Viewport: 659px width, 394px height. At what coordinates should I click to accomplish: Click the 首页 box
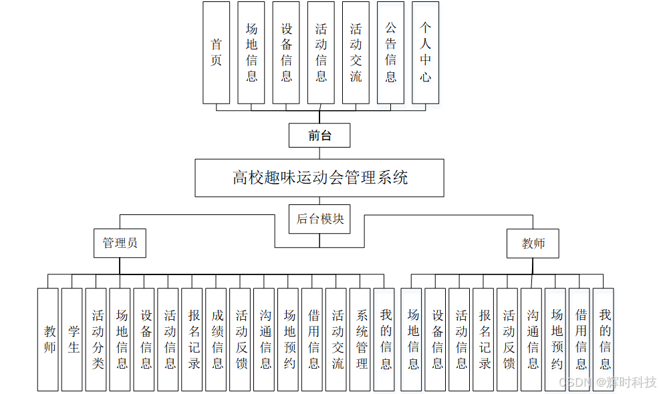click(x=216, y=52)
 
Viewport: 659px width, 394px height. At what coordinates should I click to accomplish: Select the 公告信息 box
click(x=390, y=52)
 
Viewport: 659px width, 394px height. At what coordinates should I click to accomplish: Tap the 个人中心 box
click(x=425, y=52)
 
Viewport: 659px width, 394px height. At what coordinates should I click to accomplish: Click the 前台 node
click(x=319, y=136)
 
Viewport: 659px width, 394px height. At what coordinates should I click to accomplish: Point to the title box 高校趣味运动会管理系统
click(x=319, y=178)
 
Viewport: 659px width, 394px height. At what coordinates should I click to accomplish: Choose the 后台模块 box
click(x=319, y=219)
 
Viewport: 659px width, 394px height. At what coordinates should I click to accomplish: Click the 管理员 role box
click(x=120, y=244)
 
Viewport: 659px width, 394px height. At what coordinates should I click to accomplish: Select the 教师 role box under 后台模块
click(x=533, y=244)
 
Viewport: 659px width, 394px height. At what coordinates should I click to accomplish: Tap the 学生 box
click(x=72, y=339)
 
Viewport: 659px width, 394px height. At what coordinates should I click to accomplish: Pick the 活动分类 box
click(x=98, y=339)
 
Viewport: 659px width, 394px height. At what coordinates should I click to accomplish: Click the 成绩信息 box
click(x=217, y=339)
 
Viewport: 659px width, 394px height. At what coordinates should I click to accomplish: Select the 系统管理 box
click(x=362, y=339)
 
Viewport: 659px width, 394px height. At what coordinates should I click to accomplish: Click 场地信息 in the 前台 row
click(x=251, y=52)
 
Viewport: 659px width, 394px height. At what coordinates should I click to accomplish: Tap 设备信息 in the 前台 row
click(x=286, y=52)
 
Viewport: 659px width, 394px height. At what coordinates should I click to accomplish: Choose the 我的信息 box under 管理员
click(x=386, y=339)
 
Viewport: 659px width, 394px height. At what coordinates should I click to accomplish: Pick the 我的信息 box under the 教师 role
click(x=604, y=339)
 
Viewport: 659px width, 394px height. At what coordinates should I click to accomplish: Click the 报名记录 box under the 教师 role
click(x=485, y=339)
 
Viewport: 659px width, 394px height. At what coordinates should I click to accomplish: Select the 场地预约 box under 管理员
click(x=289, y=339)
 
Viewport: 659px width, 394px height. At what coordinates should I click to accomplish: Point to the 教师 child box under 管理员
click(x=49, y=339)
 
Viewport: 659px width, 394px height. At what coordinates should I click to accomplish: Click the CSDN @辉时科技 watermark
click(x=608, y=383)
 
